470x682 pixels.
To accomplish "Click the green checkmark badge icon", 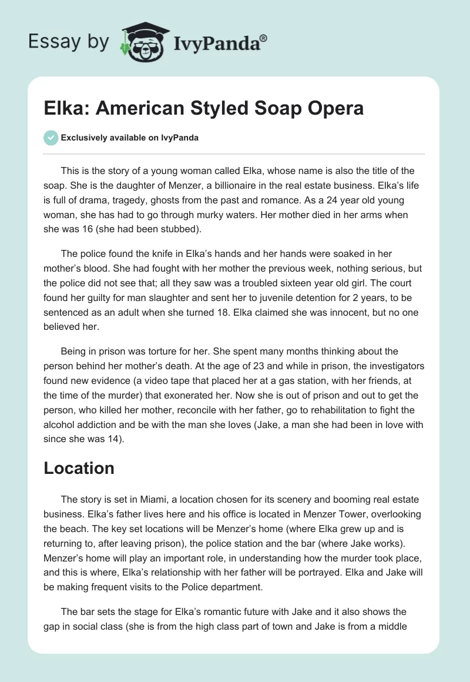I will click(51, 138).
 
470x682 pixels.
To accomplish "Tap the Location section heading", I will click(79, 468).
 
